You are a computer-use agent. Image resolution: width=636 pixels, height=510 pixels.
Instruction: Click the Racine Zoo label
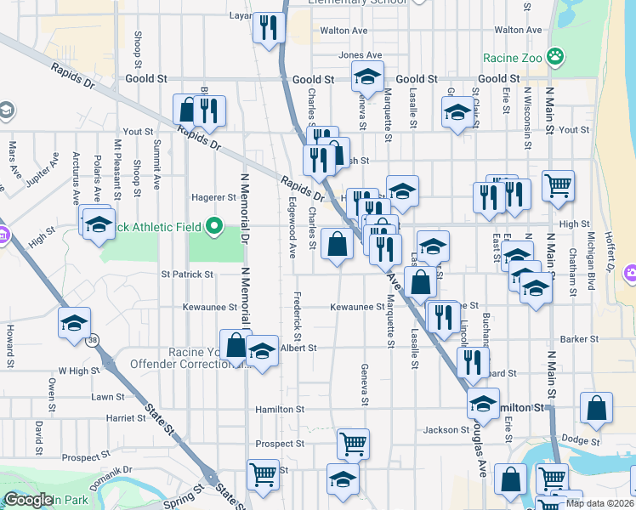click(512, 59)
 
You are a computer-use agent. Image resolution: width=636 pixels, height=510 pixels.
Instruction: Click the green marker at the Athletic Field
click(214, 227)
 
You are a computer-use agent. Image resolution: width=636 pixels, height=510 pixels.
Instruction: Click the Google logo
click(29, 500)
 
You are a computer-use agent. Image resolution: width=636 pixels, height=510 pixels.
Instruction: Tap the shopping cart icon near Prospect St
click(353, 443)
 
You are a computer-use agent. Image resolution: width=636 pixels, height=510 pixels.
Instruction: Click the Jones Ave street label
click(355, 55)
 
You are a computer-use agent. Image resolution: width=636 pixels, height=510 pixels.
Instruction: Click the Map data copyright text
click(599, 502)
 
